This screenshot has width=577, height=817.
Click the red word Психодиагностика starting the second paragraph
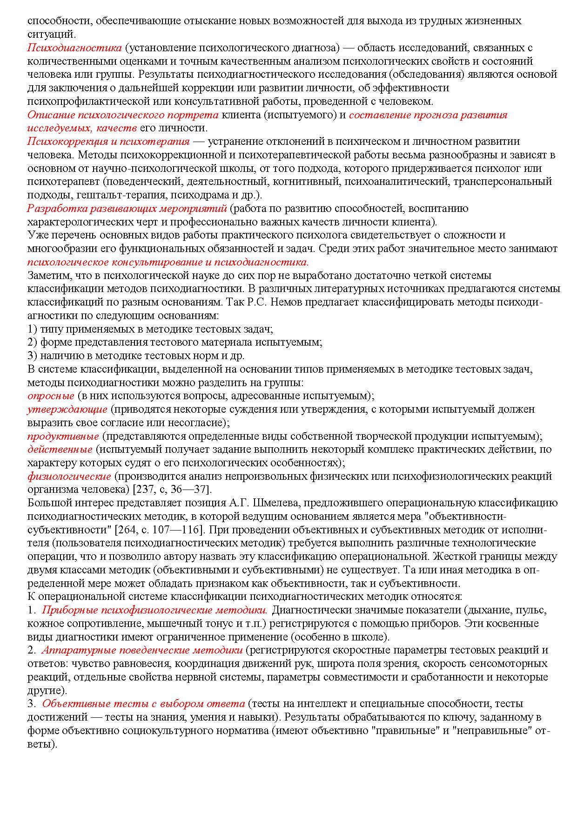74,48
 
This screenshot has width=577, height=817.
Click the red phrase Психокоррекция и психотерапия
108,141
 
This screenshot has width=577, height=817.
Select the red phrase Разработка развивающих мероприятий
127,208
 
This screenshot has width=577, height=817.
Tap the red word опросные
51,396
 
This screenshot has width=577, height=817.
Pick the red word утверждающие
67,409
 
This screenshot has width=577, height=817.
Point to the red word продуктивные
63,436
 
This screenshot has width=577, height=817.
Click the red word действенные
60,449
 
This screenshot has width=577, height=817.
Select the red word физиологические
69,477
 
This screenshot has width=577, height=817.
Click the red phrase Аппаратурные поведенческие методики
142,650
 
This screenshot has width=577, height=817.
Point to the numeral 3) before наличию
32,356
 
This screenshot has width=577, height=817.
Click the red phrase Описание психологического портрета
123,115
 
